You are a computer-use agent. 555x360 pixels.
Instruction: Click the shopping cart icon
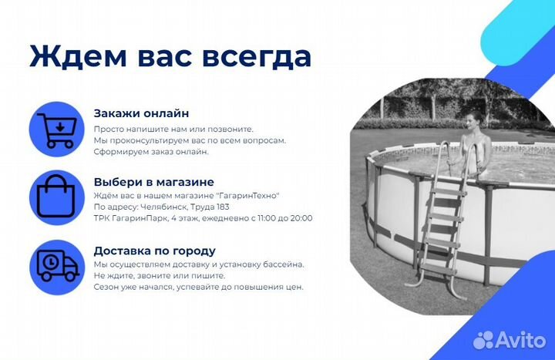pos(56,129)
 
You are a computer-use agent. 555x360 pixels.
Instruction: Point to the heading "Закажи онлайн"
pos(141,113)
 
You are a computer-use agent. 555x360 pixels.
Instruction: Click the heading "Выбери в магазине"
pos(153,182)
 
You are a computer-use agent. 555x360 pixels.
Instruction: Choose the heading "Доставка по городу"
pos(154,251)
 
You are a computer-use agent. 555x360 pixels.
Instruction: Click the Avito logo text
pos(520,339)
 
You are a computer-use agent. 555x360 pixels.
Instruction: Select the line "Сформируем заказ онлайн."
pos(151,152)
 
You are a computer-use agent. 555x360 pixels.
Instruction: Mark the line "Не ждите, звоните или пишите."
pos(160,275)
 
